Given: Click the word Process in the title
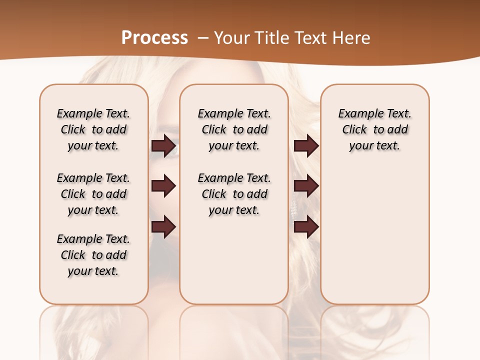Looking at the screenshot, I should [154, 38].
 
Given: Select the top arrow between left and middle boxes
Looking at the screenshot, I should [164, 146].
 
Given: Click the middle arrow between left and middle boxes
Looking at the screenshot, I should [164, 186].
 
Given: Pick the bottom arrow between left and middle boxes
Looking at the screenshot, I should [164, 227].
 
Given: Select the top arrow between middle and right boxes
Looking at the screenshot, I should [306, 146].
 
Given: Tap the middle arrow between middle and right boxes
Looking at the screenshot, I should [306, 186].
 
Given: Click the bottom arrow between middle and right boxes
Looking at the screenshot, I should [306, 227].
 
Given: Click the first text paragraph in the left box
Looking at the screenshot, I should [93, 129].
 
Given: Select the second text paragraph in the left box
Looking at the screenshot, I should [93, 194].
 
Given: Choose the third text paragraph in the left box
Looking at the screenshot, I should [93, 255].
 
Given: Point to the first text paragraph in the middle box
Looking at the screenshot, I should [234, 129].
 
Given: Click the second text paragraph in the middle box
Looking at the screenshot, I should [234, 194].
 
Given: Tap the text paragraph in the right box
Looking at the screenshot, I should [375, 129].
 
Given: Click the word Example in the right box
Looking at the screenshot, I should [356, 114].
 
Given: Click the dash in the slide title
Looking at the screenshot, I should [203, 38].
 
